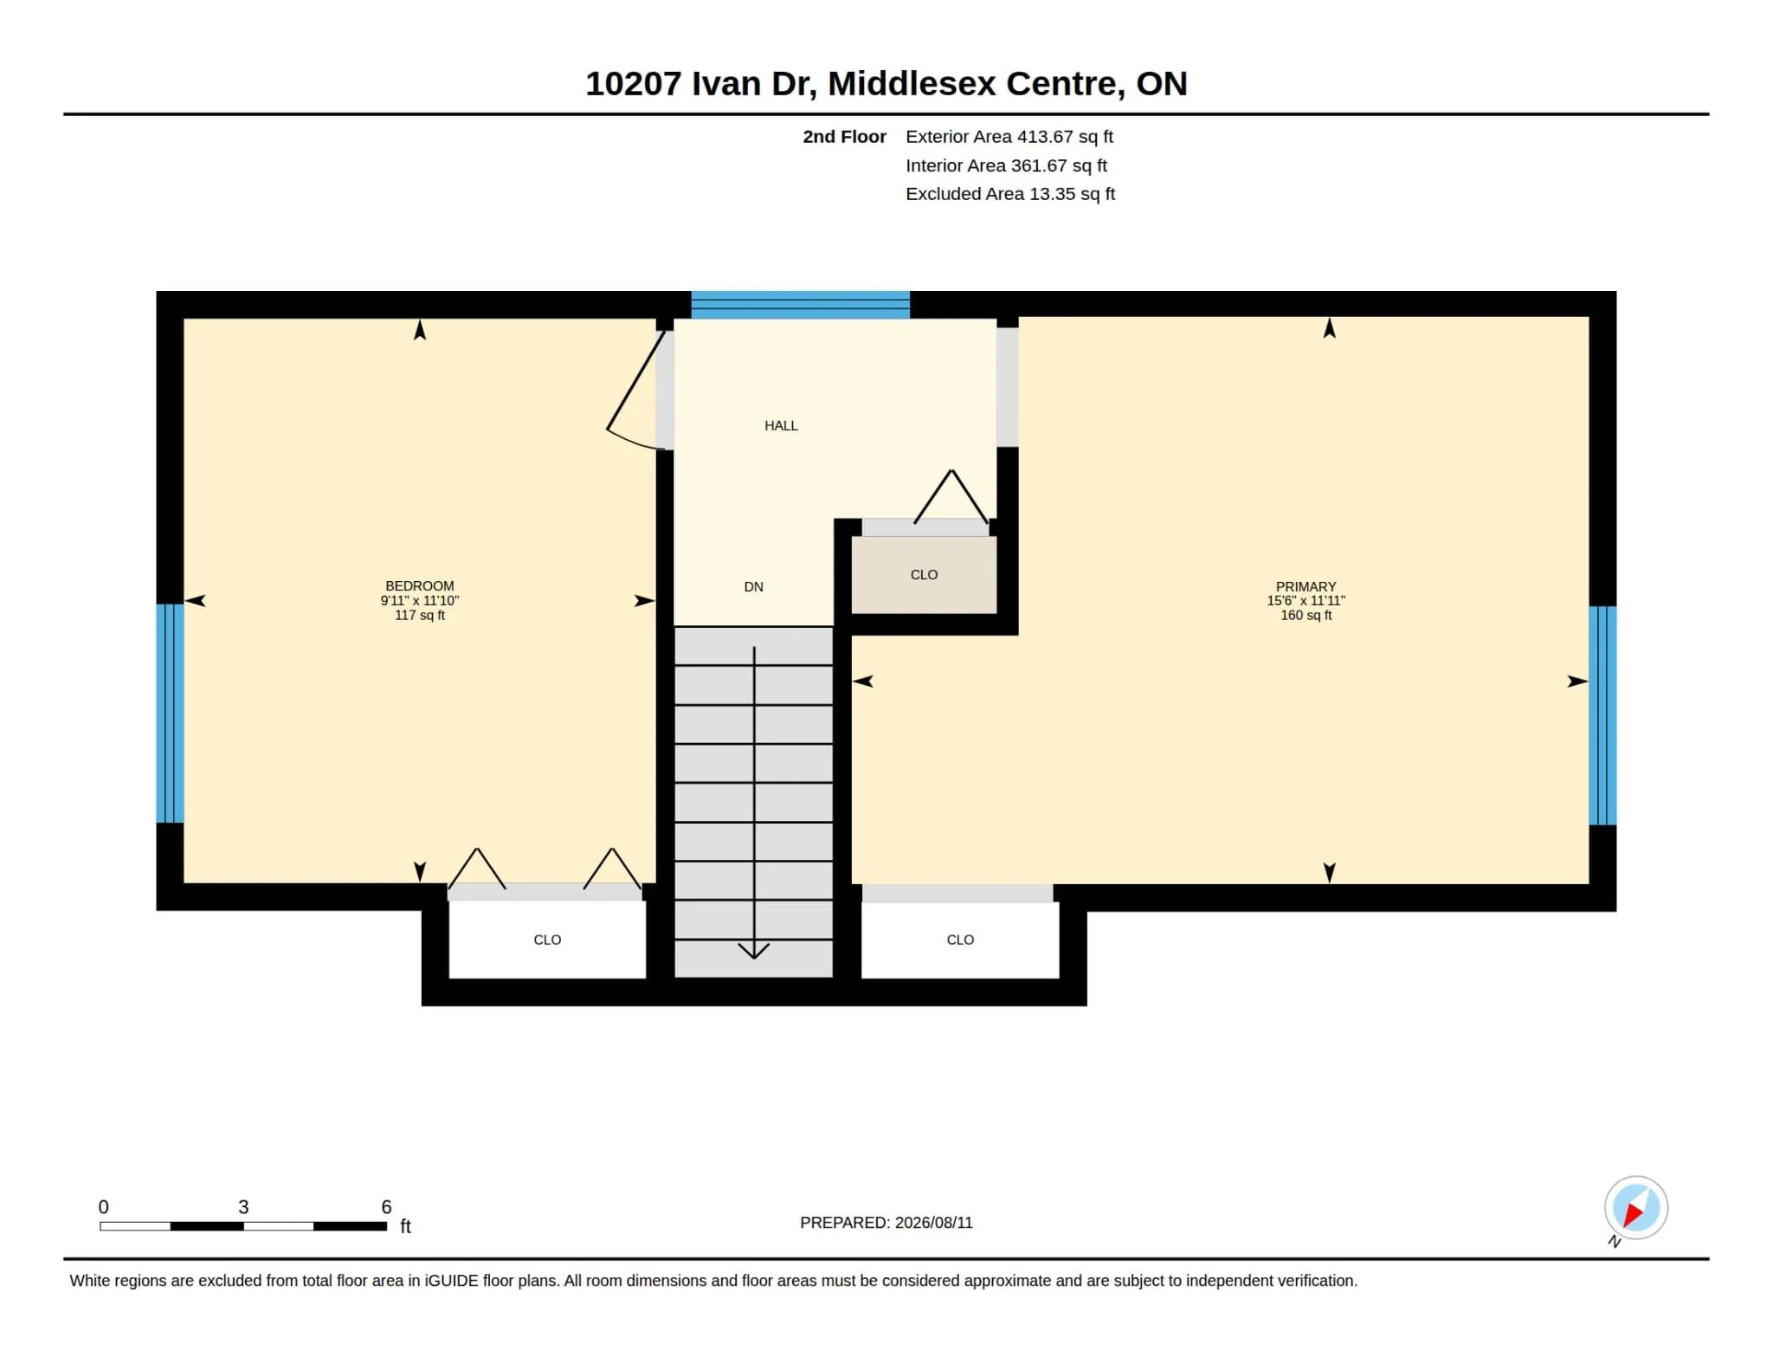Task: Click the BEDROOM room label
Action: (420, 586)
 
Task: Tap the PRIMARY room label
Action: (1306, 587)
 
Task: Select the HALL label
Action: (781, 426)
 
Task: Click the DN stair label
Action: (754, 587)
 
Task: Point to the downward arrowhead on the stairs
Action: (754, 951)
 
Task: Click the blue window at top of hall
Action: (800, 305)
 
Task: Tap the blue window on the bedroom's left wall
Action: (170, 713)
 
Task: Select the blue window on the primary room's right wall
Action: (1602, 715)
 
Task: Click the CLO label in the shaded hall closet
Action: (924, 575)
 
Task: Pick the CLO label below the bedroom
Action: (547, 940)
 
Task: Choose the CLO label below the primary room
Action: (960, 940)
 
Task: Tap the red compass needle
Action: (1634, 1214)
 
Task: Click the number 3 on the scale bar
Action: (243, 1207)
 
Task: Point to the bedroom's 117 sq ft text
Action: (420, 616)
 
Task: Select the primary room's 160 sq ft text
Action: (1306, 616)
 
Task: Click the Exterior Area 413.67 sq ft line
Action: (1009, 137)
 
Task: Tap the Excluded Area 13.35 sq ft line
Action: (1010, 194)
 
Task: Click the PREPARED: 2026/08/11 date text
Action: (886, 1223)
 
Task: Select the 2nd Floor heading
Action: (844, 137)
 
